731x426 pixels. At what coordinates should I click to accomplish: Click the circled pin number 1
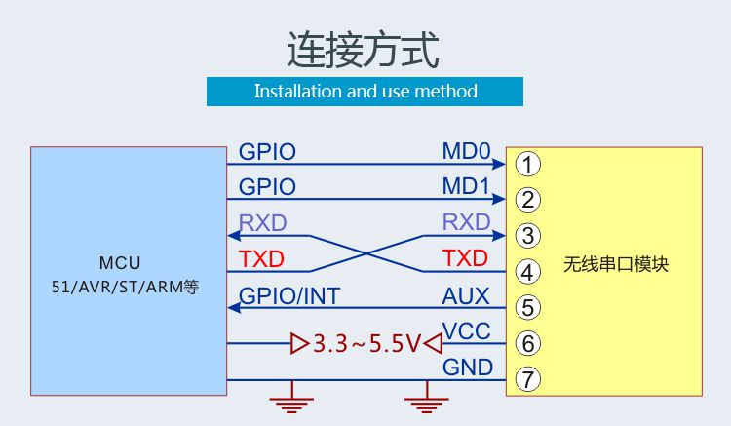pyautogui.click(x=527, y=164)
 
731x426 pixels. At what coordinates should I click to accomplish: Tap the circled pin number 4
pyautogui.click(x=527, y=272)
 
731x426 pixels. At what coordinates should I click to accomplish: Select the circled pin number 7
pyautogui.click(x=527, y=379)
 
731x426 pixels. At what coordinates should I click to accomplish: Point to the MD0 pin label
pyautogui.click(x=466, y=151)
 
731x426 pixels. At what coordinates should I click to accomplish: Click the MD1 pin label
pyautogui.click(x=466, y=186)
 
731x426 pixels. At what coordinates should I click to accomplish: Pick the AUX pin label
pyautogui.click(x=466, y=296)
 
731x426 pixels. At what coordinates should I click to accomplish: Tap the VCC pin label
pyautogui.click(x=466, y=330)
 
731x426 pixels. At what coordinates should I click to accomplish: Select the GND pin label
pyautogui.click(x=468, y=368)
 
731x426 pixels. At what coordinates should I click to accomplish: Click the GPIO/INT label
pyautogui.click(x=289, y=296)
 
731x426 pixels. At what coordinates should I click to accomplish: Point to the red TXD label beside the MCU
pyautogui.click(x=261, y=259)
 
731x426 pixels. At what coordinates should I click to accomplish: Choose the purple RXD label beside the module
pyautogui.click(x=466, y=222)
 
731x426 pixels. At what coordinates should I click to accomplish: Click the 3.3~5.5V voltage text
pyautogui.click(x=366, y=344)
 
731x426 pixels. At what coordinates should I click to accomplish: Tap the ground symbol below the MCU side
pyautogui.click(x=291, y=398)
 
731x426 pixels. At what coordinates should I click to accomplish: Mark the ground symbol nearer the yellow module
pyautogui.click(x=427, y=398)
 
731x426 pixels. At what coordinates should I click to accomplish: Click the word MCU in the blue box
pyautogui.click(x=120, y=263)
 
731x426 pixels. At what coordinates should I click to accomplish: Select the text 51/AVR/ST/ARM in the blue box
pyautogui.click(x=117, y=288)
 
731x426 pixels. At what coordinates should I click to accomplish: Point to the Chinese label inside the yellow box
pyautogui.click(x=616, y=264)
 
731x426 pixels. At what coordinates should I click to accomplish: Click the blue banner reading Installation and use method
pyautogui.click(x=365, y=92)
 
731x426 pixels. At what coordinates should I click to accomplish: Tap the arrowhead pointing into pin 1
pyautogui.click(x=499, y=164)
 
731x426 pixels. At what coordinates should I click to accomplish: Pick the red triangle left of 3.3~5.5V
pyautogui.click(x=299, y=344)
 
